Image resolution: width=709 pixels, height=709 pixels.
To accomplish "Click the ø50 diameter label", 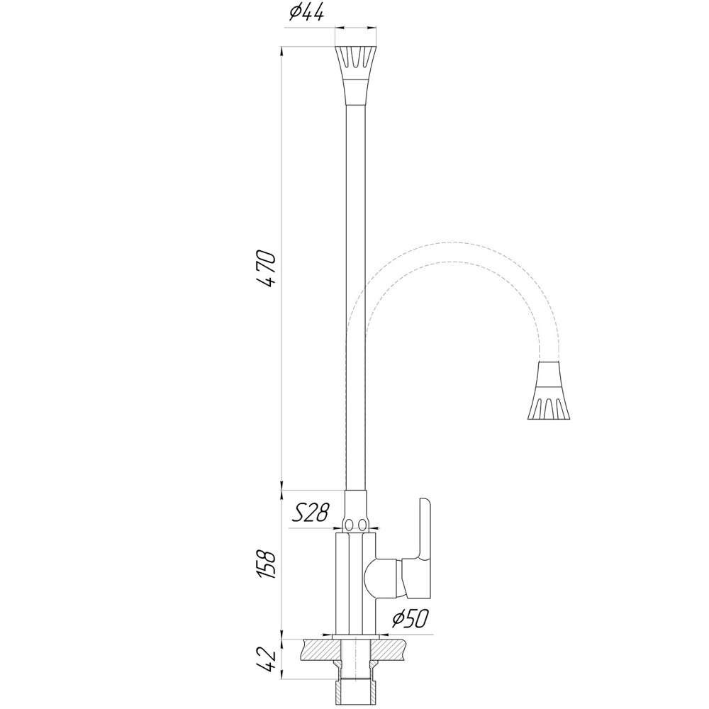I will pos(411,620).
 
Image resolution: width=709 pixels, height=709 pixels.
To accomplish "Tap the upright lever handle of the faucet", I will pos(425,528).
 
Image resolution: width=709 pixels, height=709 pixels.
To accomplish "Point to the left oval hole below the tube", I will pos(349,525).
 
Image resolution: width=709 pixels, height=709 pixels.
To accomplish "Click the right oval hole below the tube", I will pos(362,525).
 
